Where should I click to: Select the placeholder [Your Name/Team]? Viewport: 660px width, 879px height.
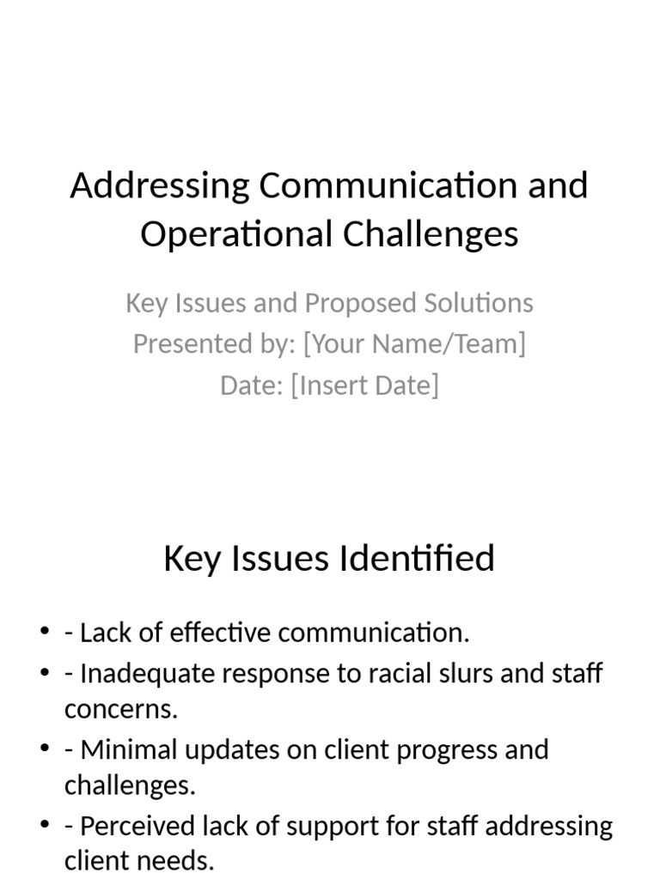(x=414, y=344)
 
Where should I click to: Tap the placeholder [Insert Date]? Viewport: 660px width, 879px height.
(x=365, y=385)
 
